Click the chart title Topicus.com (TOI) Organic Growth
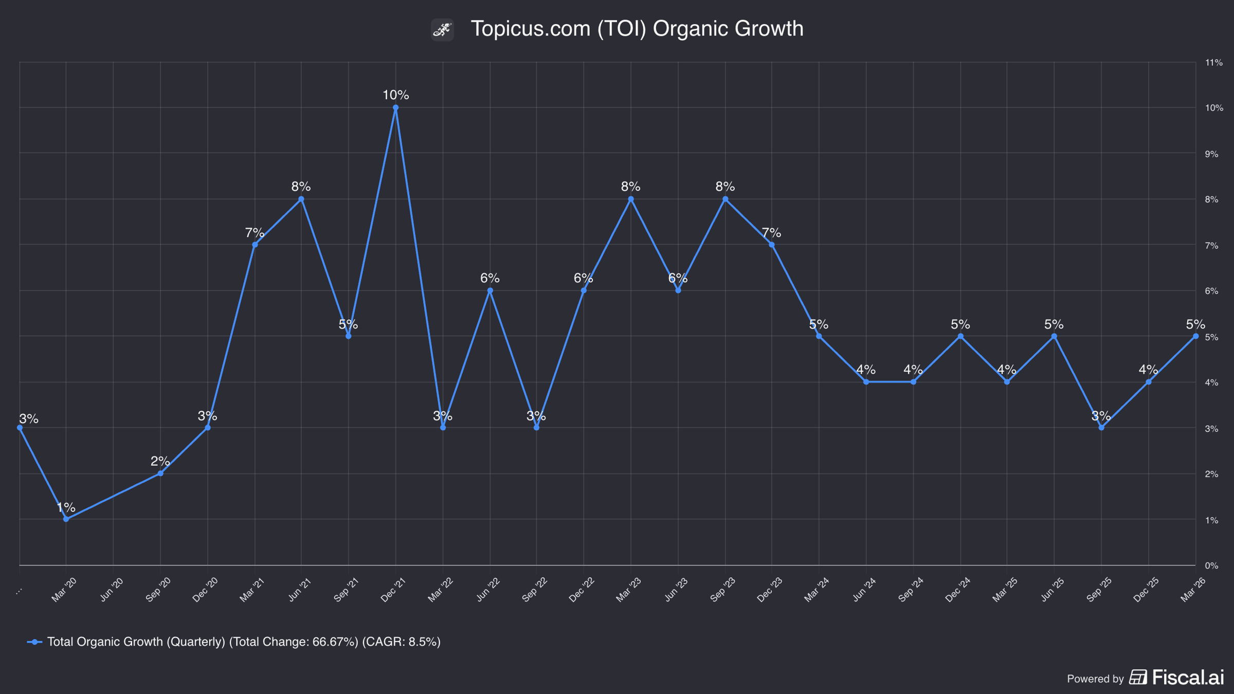(637, 29)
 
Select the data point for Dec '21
(395, 108)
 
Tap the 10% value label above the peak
(395, 95)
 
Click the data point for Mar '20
(66, 519)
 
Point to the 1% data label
(66, 507)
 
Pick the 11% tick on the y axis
(1214, 63)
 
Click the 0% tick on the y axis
(1212, 565)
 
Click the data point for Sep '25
(1101, 428)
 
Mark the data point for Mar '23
(631, 199)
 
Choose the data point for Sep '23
(725, 199)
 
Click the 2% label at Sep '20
(160, 461)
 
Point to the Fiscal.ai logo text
(1188, 677)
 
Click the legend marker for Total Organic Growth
(34, 642)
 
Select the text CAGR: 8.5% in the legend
(402, 642)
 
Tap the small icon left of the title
(442, 29)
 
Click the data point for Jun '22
(490, 291)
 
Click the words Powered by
(1095, 679)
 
